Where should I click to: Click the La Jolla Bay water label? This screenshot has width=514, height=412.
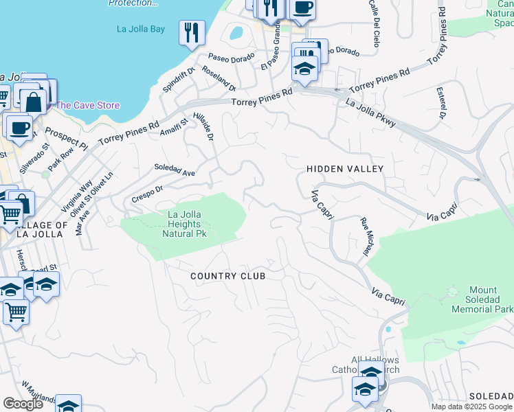[141, 29]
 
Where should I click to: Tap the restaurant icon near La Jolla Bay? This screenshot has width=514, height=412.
[191, 32]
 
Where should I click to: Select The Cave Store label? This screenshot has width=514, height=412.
[87, 105]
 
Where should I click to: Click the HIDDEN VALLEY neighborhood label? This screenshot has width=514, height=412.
[344, 168]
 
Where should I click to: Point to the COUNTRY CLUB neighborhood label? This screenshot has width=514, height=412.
[227, 275]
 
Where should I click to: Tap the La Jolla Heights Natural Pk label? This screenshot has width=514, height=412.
[185, 224]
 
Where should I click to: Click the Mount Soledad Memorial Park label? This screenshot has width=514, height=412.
[482, 300]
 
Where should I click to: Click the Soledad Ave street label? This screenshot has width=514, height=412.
[175, 170]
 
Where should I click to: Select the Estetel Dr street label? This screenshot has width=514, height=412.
[439, 102]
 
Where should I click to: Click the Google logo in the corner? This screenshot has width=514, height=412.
[23, 404]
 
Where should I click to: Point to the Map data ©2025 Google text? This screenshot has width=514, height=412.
[471, 407]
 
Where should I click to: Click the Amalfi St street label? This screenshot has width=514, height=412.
[174, 128]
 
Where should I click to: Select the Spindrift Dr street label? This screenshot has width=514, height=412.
[179, 80]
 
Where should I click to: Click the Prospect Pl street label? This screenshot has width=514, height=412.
[67, 138]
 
